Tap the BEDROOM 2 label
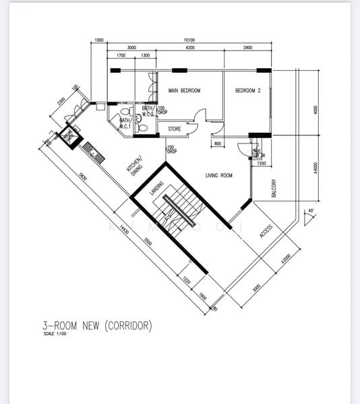(247, 91)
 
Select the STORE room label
(175, 129)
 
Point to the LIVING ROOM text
(218, 176)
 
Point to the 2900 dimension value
(247, 48)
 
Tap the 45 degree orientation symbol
(309, 211)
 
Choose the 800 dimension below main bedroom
(217, 144)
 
